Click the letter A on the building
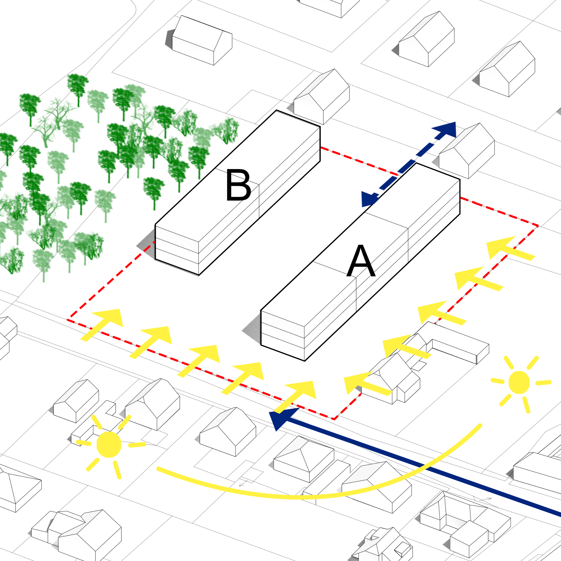point(361,261)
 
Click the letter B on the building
point(238,185)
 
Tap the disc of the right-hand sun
point(519,382)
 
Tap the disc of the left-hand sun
point(109,444)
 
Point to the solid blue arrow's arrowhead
point(282,418)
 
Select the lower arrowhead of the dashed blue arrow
point(369,199)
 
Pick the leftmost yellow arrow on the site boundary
point(102,324)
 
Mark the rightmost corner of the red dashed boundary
point(538,226)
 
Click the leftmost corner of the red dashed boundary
point(68,319)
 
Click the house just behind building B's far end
point(321,96)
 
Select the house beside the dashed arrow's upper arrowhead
point(467,150)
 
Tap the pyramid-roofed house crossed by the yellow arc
point(304,459)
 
